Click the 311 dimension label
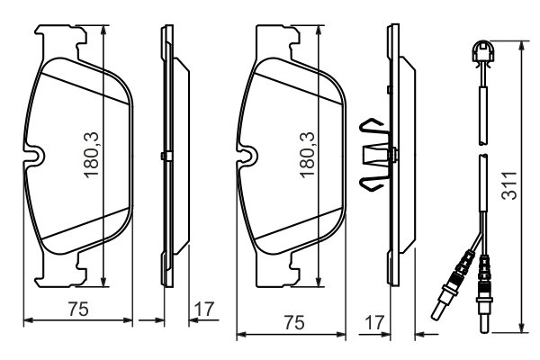coord(509,185)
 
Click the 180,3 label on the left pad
coord(92,155)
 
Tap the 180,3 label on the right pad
coord(307,155)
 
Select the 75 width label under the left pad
coord(78,309)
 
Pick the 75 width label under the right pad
coord(295,323)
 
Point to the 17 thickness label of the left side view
coord(204,309)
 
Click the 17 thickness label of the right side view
coord(374,323)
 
